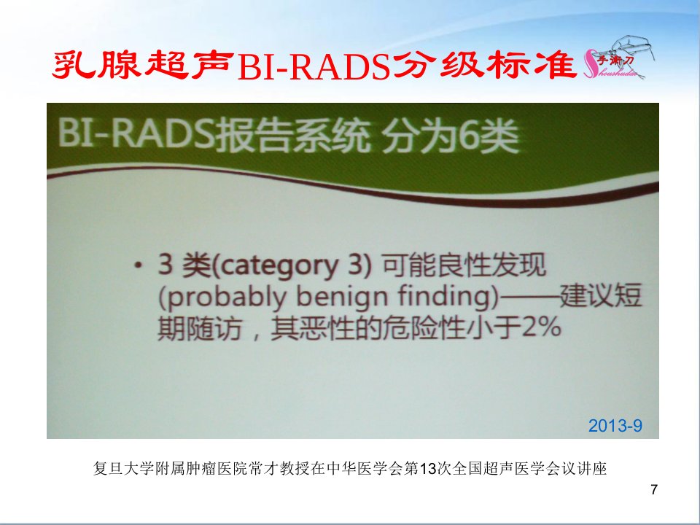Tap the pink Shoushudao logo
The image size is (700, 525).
pyautogui.click(x=619, y=61)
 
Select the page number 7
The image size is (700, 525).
pyautogui.click(x=654, y=490)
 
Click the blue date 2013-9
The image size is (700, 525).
pyautogui.click(x=615, y=425)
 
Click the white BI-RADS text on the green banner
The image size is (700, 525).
pyautogui.click(x=136, y=133)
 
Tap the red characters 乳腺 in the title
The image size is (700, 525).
pyautogui.click(x=96, y=65)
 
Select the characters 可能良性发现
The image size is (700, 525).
pyautogui.click(x=464, y=265)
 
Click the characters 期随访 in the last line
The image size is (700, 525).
pyautogui.click(x=200, y=329)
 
